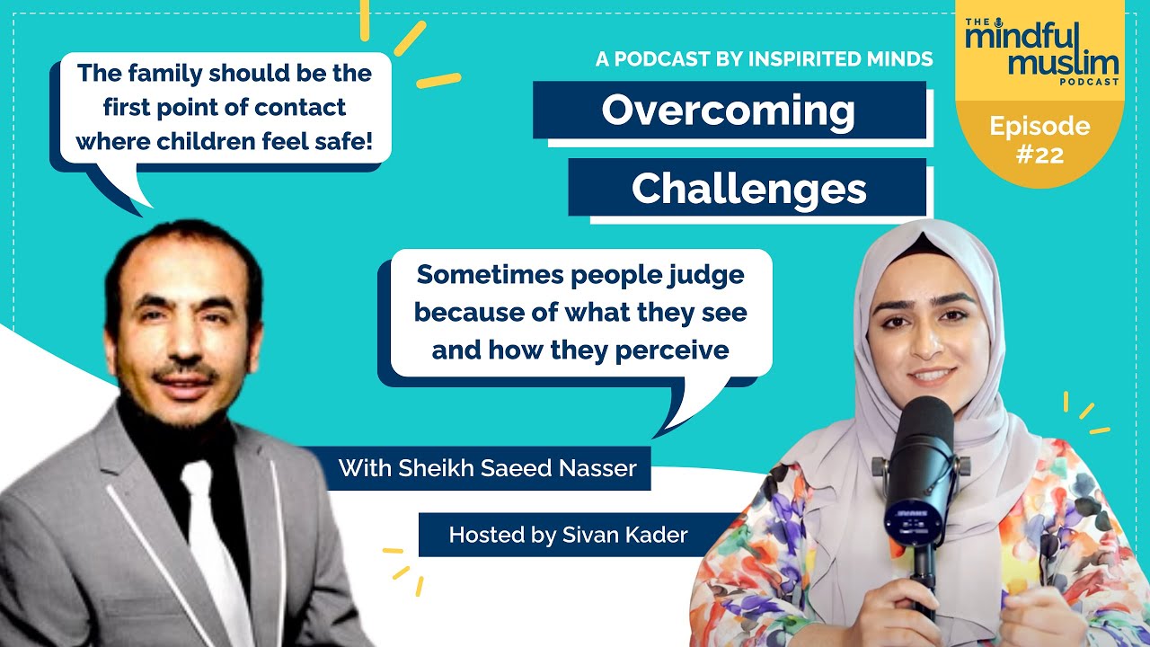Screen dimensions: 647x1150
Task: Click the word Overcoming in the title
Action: click(728, 111)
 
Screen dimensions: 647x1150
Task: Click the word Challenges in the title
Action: click(748, 189)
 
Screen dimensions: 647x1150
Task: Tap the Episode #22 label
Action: click(1039, 139)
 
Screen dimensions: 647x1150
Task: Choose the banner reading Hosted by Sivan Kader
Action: click(568, 535)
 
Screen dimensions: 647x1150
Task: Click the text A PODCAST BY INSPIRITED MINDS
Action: click(764, 59)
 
